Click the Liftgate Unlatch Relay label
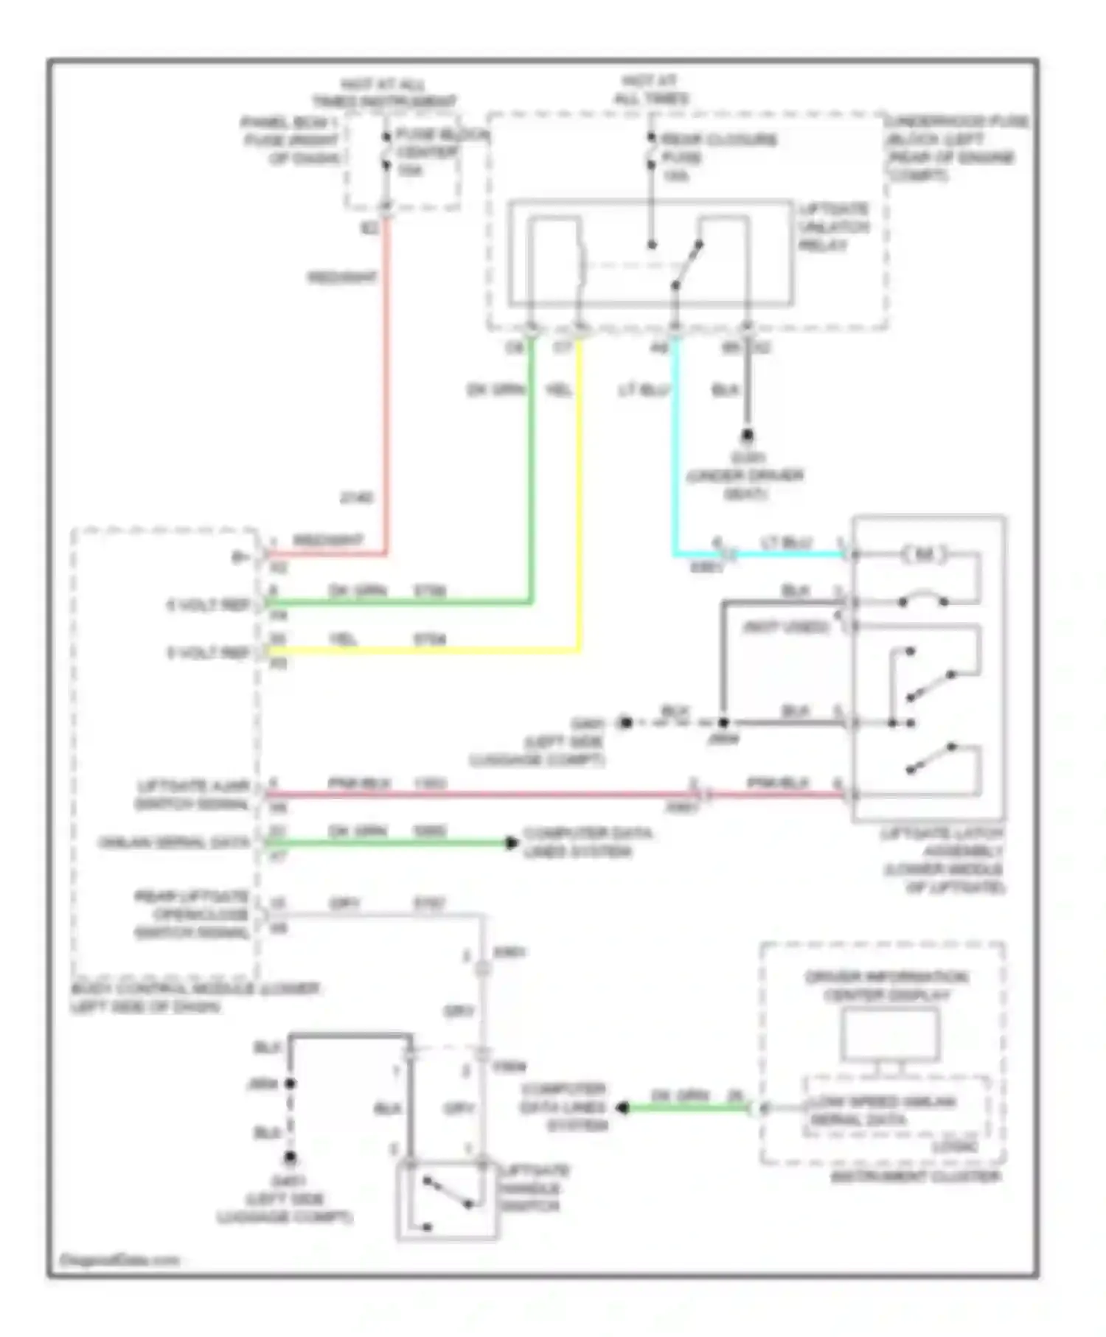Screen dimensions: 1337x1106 click(x=833, y=227)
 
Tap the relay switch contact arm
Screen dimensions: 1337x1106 click(x=687, y=265)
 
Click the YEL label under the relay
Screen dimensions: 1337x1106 click(x=558, y=390)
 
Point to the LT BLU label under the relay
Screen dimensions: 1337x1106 click(x=644, y=390)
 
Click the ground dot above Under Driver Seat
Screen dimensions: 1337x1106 click(x=747, y=436)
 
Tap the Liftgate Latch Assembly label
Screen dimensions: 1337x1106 click(x=944, y=860)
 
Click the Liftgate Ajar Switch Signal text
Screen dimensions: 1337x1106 click(x=193, y=795)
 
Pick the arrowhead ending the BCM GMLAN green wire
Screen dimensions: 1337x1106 click(x=511, y=842)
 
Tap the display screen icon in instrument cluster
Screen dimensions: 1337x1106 click(x=890, y=1036)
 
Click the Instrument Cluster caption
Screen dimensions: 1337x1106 click(x=915, y=1177)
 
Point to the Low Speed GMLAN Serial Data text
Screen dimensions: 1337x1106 click(x=881, y=1111)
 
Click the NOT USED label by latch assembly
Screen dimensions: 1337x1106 click(x=785, y=627)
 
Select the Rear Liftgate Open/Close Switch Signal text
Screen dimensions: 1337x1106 click(x=192, y=915)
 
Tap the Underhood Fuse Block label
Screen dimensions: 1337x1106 click(x=957, y=148)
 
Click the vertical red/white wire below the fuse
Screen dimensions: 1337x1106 click(x=385, y=369)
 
